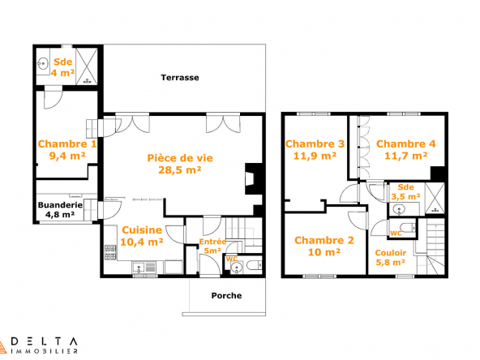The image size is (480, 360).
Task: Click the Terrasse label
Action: click(x=180, y=78)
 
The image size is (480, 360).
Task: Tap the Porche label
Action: click(x=226, y=296)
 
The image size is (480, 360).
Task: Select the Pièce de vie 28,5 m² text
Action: click(x=180, y=164)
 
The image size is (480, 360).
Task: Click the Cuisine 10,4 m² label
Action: click(x=142, y=236)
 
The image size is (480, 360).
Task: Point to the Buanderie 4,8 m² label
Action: click(x=60, y=210)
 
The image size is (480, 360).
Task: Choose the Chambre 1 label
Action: click(x=67, y=144)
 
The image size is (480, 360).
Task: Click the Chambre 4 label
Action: click(x=406, y=144)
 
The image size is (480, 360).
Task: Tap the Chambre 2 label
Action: click(x=324, y=240)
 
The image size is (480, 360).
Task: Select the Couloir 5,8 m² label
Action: click(x=391, y=258)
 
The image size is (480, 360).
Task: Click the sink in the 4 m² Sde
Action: click(x=43, y=64)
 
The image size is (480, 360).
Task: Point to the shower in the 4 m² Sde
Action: click(x=87, y=66)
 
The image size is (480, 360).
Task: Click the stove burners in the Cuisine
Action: click(x=110, y=252)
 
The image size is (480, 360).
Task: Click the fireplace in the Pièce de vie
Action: click(x=253, y=178)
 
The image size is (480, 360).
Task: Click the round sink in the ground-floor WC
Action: click(x=236, y=268)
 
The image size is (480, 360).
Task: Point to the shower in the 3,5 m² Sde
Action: click(x=435, y=198)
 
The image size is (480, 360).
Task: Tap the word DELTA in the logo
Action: click(x=43, y=341)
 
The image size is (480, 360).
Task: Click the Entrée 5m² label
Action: click(x=212, y=246)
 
